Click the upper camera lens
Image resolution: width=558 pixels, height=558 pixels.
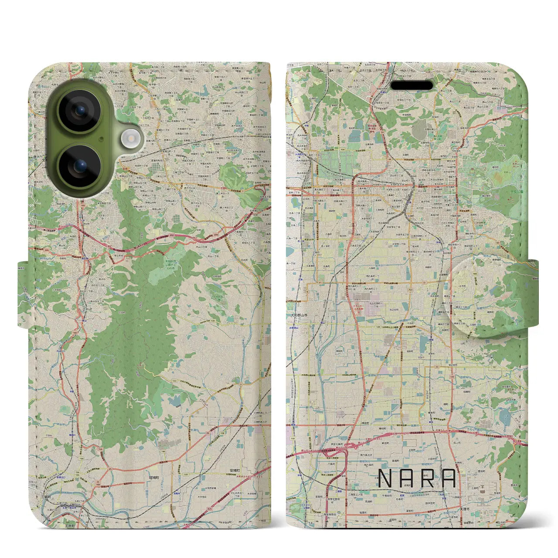click(x=79, y=111)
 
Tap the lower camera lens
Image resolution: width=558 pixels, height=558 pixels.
click(x=79, y=166)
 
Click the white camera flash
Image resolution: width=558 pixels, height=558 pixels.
click(x=129, y=139)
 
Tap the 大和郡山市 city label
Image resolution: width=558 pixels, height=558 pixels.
click(x=299, y=315)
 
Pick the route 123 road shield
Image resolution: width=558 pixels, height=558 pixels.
click(x=174, y=381)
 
